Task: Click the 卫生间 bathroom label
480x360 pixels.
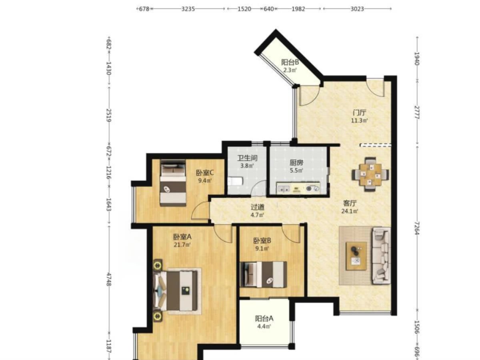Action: [247, 158]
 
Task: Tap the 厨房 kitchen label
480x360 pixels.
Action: [296, 163]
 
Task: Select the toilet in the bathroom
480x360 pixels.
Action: [235, 182]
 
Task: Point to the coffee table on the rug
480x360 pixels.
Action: [356, 256]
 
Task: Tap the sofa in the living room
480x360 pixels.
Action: [381, 256]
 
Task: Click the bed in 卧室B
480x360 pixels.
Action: [263, 274]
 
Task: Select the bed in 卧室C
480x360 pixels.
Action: [173, 183]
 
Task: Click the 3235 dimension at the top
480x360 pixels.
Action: [188, 9]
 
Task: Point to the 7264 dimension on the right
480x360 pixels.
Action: [417, 228]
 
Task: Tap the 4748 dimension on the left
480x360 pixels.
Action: [109, 279]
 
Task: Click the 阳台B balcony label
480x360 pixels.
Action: [290, 62]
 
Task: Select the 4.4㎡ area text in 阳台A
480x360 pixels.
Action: [264, 326]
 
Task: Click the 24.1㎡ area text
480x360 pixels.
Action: [350, 211]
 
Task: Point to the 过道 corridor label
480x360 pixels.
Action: [257, 207]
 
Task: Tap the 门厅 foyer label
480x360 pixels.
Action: [359, 113]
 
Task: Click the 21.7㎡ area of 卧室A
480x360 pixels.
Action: [182, 244]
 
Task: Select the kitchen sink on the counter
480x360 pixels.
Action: [284, 188]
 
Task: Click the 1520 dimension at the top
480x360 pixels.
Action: [244, 9]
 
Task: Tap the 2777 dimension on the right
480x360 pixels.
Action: [417, 112]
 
